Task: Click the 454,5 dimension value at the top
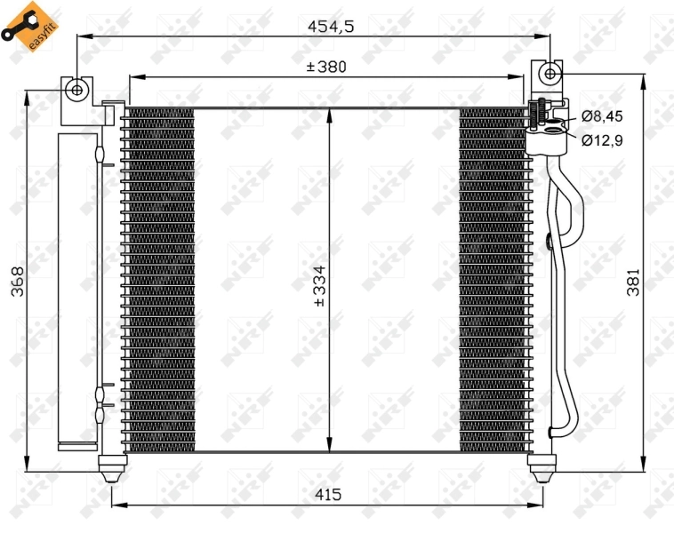(331, 27)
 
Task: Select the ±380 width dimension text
(325, 66)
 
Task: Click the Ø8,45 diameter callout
(602, 115)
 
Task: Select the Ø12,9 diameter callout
(602, 139)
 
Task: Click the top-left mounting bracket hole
(77, 89)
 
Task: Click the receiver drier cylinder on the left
(73, 289)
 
